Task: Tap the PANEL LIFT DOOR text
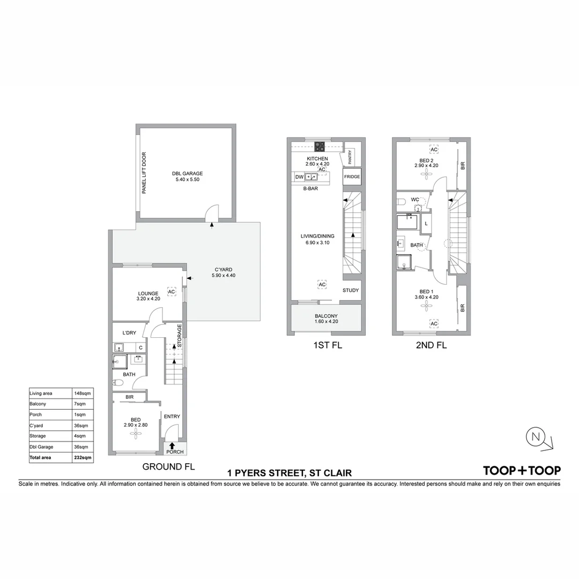144,173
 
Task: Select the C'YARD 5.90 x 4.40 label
223,273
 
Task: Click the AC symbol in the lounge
172,292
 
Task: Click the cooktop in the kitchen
320,146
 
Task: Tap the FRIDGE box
352,176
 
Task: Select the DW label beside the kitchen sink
299,176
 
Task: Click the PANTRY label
350,157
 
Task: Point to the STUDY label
351,291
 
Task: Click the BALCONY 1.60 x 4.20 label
326,319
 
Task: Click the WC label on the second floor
414,199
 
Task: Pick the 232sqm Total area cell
83,457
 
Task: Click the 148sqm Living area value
83,394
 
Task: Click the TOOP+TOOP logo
522,470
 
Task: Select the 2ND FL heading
431,345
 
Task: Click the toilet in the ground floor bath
118,383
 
